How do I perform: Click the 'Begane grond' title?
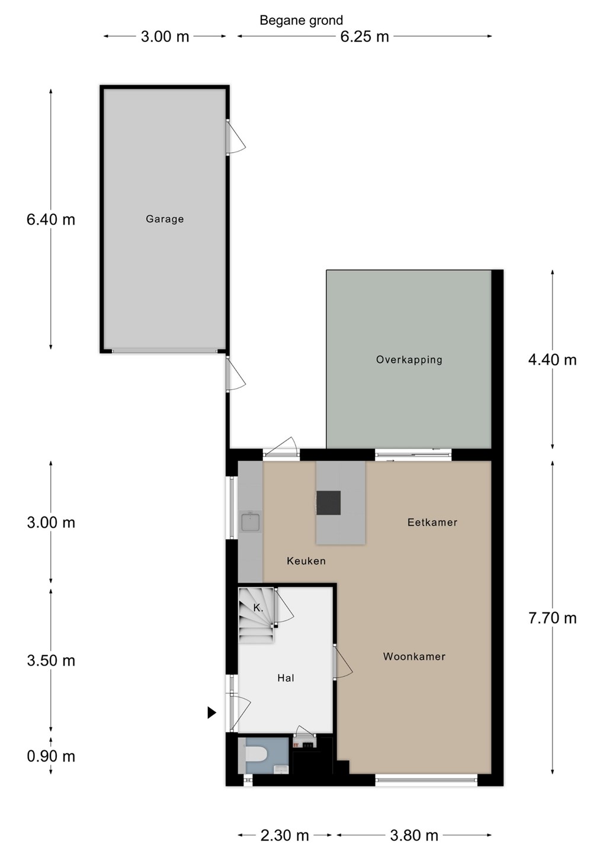click(301, 21)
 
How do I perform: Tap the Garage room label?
click(165, 219)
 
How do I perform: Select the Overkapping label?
click(409, 360)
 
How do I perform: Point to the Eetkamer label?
click(432, 522)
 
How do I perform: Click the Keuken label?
click(306, 561)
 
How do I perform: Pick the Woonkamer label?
click(414, 657)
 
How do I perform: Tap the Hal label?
click(286, 678)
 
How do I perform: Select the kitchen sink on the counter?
click(251, 521)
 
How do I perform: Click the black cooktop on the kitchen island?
click(329, 503)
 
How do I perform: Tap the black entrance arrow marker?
click(211, 712)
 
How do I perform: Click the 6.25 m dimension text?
click(365, 37)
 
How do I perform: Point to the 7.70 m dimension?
click(553, 618)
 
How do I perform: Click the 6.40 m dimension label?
click(51, 220)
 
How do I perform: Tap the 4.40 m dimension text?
click(553, 360)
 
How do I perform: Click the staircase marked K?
click(256, 615)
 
